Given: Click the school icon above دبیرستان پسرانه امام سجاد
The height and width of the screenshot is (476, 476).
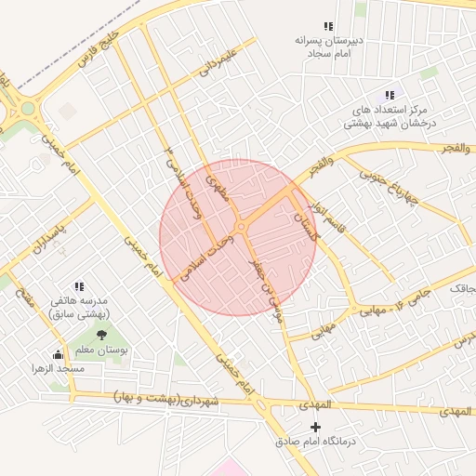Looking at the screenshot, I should [x=327, y=26].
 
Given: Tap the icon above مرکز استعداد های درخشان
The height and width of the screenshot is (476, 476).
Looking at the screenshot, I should [x=390, y=95].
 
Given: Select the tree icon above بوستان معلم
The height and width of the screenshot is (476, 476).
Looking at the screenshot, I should [x=100, y=334].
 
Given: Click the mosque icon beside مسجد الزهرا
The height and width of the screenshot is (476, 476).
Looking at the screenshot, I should [x=59, y=354].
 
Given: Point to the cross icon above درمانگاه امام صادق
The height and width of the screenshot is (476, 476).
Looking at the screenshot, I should [x=315, y=427].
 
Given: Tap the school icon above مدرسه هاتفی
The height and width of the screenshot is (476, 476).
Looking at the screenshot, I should [x=79, y=286].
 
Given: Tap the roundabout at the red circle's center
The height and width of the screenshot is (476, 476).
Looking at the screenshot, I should [x=240, y=226].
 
